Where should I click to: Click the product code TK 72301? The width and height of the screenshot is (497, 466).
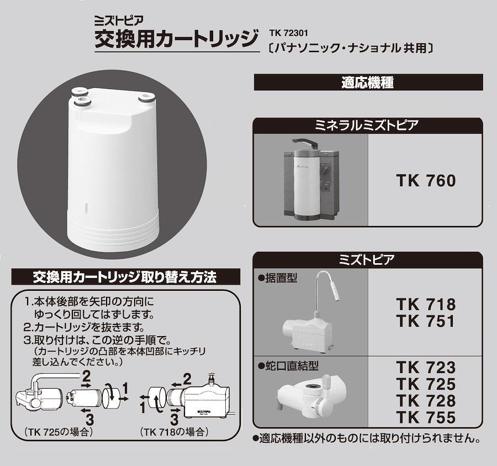coord(288,33)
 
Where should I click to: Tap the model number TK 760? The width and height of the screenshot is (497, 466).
coord(426,181)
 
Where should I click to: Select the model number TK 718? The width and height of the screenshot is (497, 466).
coord(426,304)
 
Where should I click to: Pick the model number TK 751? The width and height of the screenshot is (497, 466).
coord(426,321)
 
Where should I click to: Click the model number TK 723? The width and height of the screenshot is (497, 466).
coord(426,368)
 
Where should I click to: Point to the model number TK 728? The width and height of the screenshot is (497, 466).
coord(426,400)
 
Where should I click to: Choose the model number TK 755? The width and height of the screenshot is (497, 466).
coord(426,417)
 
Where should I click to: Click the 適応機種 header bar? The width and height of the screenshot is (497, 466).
coord(368,82)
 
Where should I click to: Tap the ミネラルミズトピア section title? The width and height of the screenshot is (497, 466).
coord(367,125)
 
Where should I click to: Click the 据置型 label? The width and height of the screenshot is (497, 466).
coord(278,278)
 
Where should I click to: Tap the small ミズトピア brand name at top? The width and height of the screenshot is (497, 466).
coord(119,20)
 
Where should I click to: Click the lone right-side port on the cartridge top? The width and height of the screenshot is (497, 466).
coord(146,97)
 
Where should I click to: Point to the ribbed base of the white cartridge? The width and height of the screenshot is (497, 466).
coord(113,228)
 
